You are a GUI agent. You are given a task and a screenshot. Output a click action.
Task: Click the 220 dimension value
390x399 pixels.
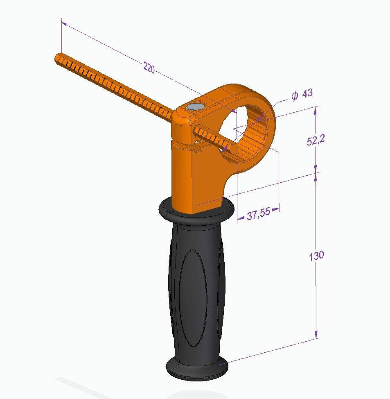pyautogui.click(x=149, y=68)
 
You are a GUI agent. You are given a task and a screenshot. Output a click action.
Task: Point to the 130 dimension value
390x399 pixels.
pyautogui.click(x=316, y=255)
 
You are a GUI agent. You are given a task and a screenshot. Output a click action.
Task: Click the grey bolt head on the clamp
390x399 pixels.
pyautogui.click(x=194, y=107)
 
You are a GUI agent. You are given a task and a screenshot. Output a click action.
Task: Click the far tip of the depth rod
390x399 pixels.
pyautogui.click(x=58, y=58)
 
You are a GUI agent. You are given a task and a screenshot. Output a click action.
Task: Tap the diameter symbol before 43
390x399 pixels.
pyautogui.click(x=294, y=95)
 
